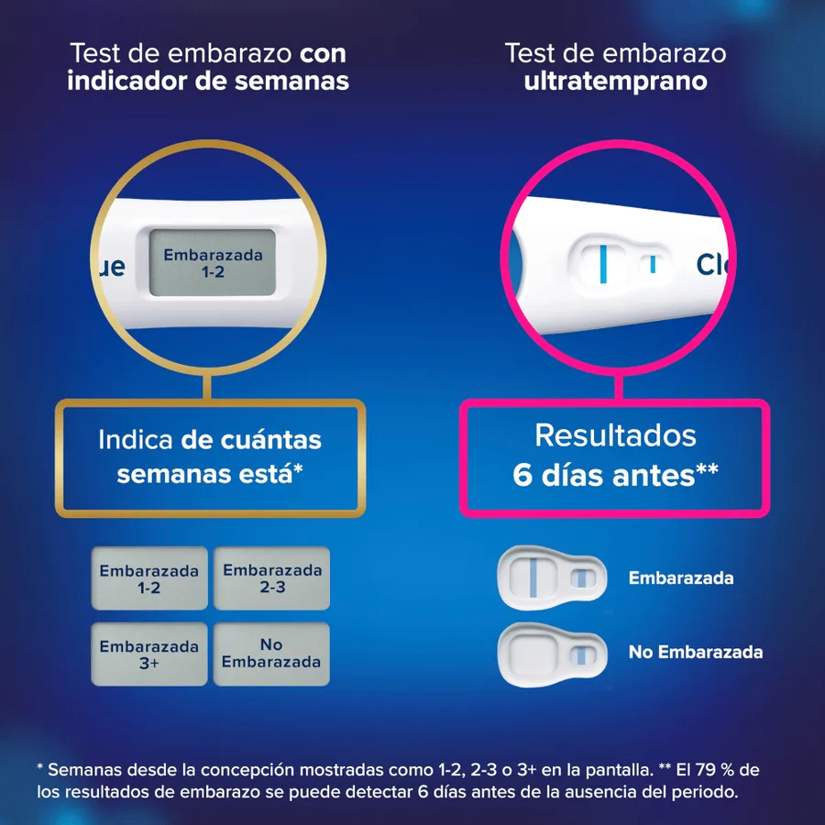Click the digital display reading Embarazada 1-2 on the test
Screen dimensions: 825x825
coord(213,262)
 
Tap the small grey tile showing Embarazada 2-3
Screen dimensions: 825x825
coord(271,578)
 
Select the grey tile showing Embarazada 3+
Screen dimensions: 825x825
coord(149,654)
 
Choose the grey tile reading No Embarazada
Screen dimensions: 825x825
coord(271,654)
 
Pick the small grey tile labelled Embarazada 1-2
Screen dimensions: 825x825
coord(149,578)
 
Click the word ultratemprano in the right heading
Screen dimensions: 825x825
coord(616,81)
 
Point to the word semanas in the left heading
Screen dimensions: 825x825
coord(292,81)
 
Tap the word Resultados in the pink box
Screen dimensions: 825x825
coord(616,435)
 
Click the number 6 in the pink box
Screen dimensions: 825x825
coord(522,475)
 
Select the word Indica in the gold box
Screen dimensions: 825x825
coord(136,439)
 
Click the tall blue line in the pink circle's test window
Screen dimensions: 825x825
coord(603,264)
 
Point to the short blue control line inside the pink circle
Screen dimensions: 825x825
coord(653,264)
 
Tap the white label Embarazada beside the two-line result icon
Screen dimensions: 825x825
coord(681,577)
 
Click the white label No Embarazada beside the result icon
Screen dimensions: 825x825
coord(696,652)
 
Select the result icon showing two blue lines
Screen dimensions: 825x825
coord(552,577)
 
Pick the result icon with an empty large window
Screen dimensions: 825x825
coord(552,654)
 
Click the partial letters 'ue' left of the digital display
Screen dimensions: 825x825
coord(112,267)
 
